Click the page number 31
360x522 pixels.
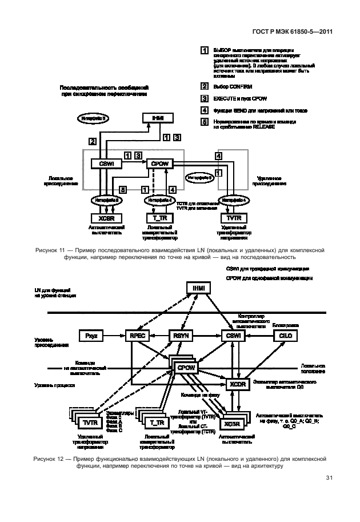click(329, 477)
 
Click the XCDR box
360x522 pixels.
click(238, 385)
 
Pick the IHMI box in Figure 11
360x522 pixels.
click(158, 118)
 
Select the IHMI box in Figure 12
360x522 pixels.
click(198, 288)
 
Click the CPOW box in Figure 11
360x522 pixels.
click(159, 164)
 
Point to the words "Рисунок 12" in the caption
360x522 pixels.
click(49, 459)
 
